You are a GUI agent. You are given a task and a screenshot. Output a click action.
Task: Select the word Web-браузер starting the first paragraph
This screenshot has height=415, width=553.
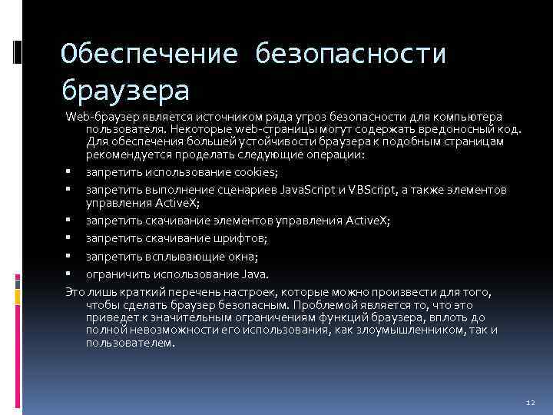pyautogui.click(x=97, y=115)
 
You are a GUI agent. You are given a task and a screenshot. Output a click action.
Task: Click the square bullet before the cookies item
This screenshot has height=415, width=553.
pyautogui.click(x=68, y=171)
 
